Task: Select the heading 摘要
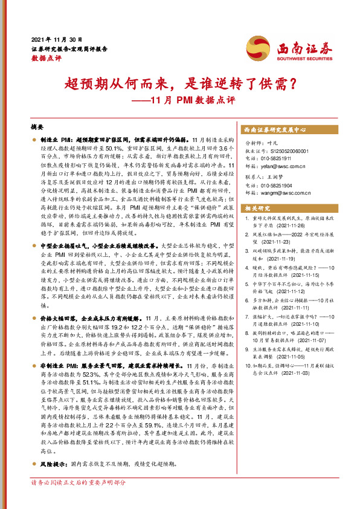pos(37,128)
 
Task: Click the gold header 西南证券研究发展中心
pos(274,129)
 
